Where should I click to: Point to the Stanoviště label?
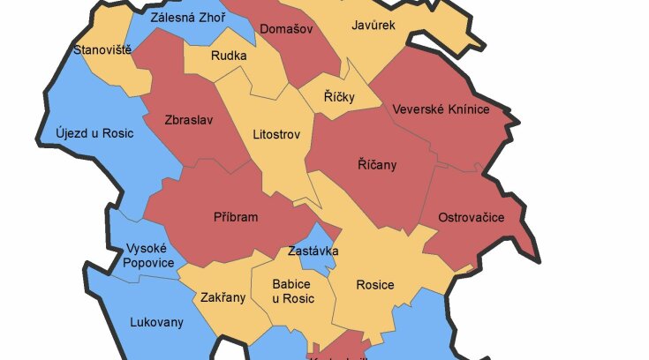102,49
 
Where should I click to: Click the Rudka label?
229,56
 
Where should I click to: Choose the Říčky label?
339,97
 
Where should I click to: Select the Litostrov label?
276,135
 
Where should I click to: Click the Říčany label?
377,165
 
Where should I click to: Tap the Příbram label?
236,217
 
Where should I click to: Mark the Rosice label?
374,285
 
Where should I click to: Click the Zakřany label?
223,297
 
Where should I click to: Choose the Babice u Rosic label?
291,291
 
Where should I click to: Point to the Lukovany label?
156,322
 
